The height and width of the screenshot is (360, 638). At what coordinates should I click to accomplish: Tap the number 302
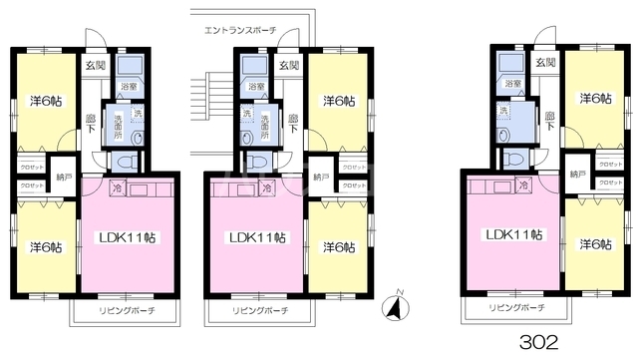point(540,340)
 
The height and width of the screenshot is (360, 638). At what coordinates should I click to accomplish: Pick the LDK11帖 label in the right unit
point(513,235)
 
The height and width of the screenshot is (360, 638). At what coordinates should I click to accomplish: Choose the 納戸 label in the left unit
point(64,176)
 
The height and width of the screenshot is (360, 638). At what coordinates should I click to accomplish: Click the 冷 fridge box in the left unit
point(117,186)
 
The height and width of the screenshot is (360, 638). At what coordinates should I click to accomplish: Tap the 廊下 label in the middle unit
point(293,123)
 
